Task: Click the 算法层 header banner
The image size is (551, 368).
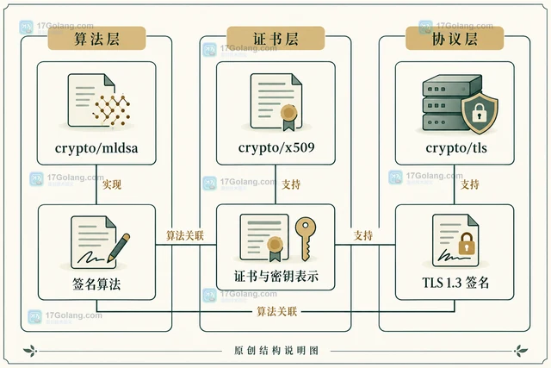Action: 96,38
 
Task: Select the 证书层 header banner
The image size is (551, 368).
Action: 275,38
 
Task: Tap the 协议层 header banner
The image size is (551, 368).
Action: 455,38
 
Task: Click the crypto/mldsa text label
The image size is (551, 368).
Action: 96,148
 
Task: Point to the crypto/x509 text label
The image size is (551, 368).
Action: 276,147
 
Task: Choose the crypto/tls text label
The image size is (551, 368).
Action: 456,147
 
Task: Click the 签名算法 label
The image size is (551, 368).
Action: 96,284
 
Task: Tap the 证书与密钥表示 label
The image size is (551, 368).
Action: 276,276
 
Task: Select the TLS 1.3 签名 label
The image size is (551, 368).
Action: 455,283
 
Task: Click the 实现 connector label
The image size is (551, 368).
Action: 112,184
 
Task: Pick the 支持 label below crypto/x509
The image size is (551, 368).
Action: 291,184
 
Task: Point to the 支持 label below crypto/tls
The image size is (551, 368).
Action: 470,184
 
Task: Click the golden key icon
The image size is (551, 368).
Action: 306,239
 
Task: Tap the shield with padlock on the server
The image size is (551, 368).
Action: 480,113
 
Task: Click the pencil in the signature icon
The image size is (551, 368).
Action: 119,247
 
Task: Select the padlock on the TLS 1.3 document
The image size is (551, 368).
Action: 467,243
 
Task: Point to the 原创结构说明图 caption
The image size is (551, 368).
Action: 276,351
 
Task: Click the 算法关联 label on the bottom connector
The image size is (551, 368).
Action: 277,311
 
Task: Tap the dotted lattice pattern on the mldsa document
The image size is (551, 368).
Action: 111,109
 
